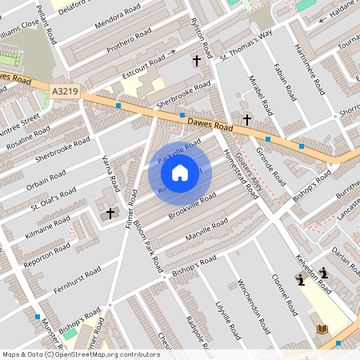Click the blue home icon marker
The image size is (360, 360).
coord(180,172)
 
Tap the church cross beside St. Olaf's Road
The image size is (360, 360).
coord(110,214)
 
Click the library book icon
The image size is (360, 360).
coord(322,329)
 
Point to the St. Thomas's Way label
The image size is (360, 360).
coord(246,44)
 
